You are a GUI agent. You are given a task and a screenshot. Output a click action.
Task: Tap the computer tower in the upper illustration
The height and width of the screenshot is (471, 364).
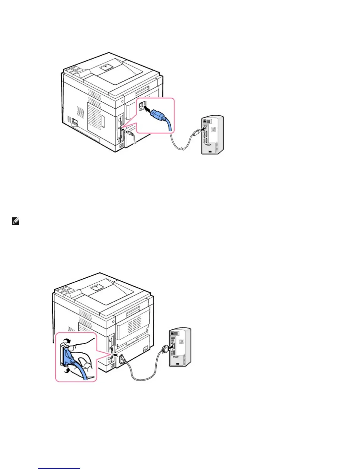(x=212, y=135)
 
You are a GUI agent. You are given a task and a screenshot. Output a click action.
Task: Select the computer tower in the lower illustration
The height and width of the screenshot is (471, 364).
(x=180, y=347)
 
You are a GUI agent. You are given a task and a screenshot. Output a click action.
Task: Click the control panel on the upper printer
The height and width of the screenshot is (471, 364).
(x=73, y=70)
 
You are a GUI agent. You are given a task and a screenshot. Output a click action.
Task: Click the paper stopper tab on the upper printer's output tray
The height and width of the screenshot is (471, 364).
(x=106, y=67)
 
